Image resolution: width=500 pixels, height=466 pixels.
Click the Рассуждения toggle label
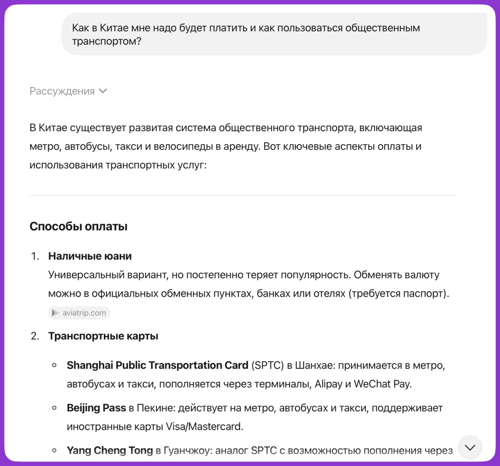tap(62, 91)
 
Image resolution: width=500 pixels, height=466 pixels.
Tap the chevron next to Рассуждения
tap(103, 91)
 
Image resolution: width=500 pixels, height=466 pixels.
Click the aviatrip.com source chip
tap(79, 313)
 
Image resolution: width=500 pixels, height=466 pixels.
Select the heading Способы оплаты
tap(78, 226)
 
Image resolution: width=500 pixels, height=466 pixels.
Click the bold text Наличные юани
tap(90, 256)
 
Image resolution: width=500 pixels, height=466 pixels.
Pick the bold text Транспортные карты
tap(103, 336)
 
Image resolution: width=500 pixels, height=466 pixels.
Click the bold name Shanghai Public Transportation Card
tap(157, 365)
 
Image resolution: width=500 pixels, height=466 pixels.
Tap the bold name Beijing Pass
tap(96, 408)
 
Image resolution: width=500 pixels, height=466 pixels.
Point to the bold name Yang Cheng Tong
tap(110, 451)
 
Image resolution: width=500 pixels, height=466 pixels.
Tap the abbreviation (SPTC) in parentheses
tap(268, 365)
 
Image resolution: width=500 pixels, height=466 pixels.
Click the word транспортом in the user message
tap(107, 41)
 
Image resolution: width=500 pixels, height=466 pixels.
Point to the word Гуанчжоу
tap(187, 451)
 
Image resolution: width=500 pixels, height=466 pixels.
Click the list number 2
tap(35, 336)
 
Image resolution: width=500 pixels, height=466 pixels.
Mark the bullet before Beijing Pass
tap(55, 408)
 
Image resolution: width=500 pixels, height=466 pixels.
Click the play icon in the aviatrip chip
tap(56, 313)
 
